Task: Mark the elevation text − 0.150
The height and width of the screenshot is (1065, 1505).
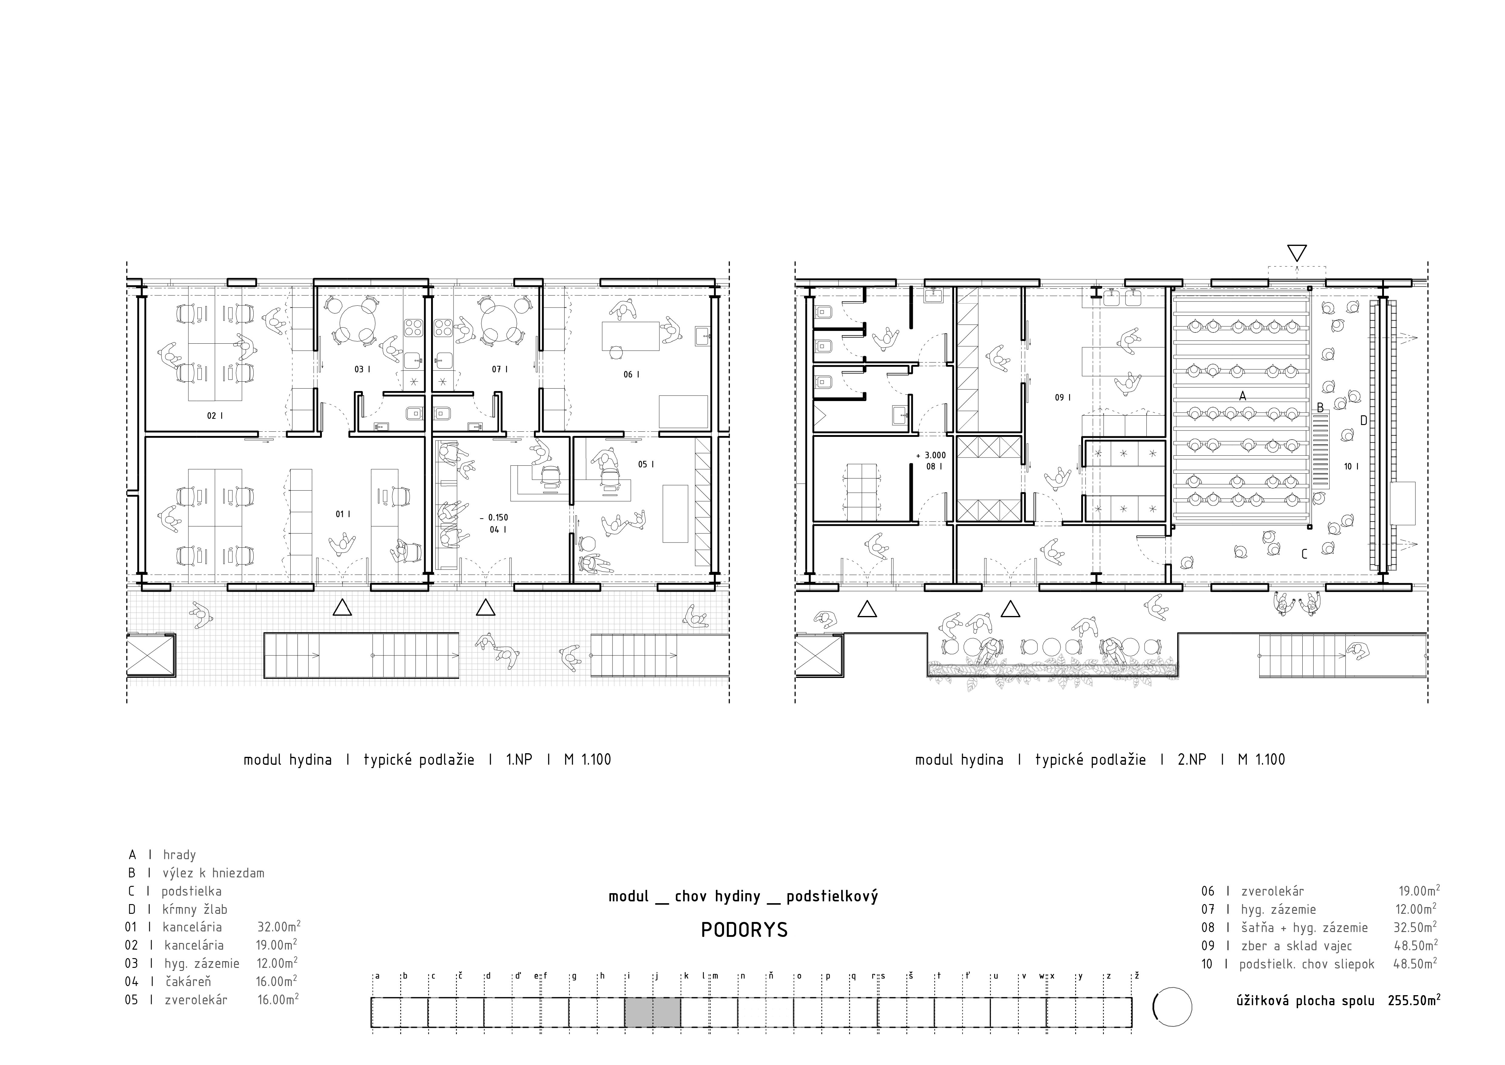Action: (x=494, y=517)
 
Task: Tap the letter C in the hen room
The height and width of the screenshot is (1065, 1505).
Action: (x=1304, y=554)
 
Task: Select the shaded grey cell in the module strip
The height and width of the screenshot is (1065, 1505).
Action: (x=652, y=1012)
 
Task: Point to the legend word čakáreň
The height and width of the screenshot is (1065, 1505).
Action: (x=188, y=982)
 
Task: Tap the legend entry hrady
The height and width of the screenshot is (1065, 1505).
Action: (x=180, y=855)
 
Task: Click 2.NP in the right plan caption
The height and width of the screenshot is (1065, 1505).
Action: (x=1192, y=760)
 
